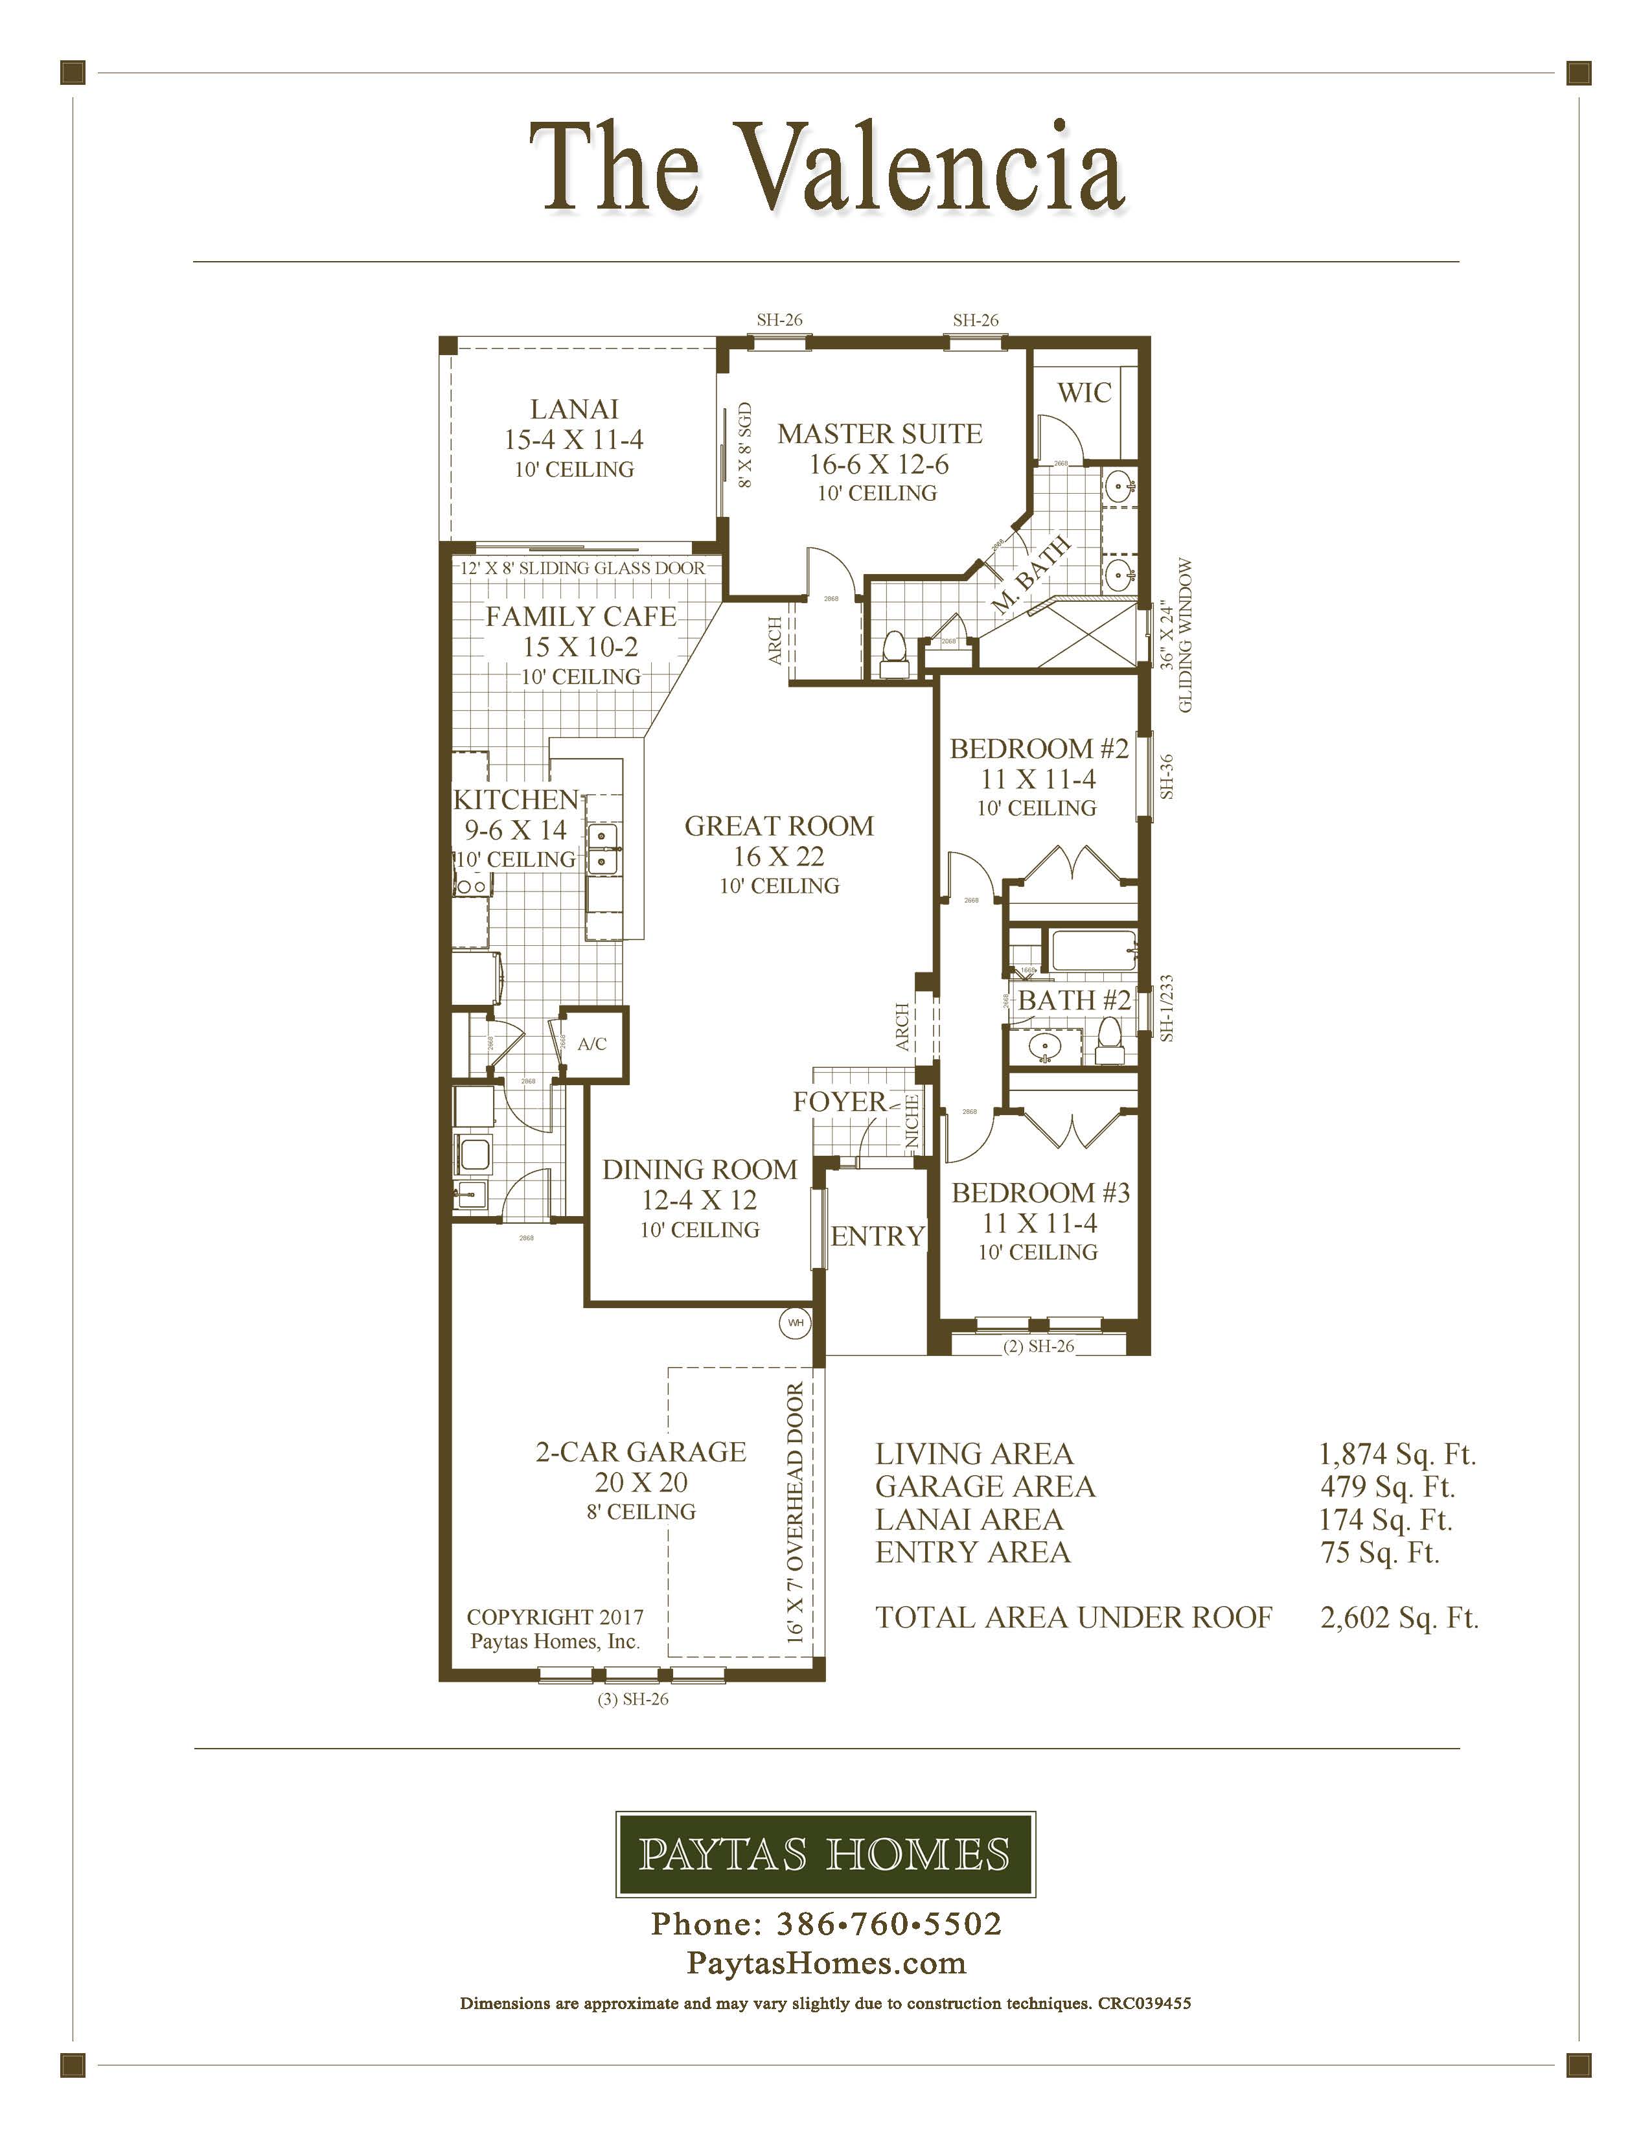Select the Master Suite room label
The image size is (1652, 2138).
point(879,433)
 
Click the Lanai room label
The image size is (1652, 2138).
point(575,409)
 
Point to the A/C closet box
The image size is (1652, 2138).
point(592,1044)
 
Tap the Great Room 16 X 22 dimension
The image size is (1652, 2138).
point(779,856)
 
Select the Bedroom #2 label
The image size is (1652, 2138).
point(1038,749)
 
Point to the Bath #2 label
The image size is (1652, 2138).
point(1073,1000)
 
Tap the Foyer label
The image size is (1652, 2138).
point(839,1102)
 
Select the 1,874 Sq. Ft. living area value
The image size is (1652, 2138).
point(1397,1454)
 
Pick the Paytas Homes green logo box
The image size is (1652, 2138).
point(825,1854)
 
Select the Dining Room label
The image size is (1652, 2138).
point(699,1170)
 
